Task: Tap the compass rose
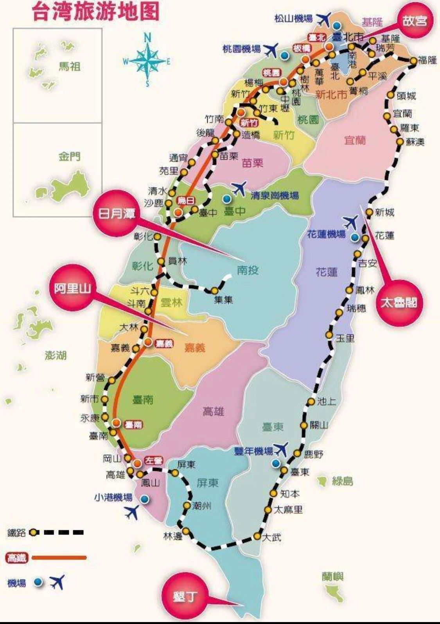coord(147,61)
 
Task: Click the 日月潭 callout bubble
coord(116,213)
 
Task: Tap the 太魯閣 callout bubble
coord(399,302)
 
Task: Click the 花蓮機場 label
coord(326,234)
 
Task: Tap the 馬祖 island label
coord(70,66)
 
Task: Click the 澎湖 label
coord(56,355)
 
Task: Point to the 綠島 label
coord(342,481)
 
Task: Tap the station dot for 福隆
coord(413,61)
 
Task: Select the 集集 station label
coord(223,300)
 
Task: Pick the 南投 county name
coord(248,270)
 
